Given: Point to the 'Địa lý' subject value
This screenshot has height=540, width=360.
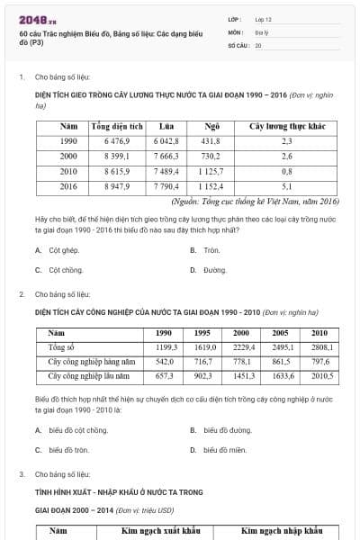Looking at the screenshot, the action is click(x=262, y=31).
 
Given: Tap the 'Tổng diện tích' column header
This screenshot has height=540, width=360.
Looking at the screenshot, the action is click(x=117, y=127).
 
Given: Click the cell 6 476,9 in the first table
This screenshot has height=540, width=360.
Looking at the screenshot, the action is click(x=117, y=141).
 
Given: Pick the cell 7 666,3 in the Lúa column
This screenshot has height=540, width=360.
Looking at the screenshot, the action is click(x=166, y=156).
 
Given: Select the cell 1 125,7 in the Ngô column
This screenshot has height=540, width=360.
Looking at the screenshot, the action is click(x=211, y=171).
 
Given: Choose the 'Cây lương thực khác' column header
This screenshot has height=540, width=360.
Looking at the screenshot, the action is click(x=286, y=127).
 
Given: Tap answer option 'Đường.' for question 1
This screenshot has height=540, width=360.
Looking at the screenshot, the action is click(x=214, y=269).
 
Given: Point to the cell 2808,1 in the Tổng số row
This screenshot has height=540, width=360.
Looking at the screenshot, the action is click(x=321, y=346).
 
